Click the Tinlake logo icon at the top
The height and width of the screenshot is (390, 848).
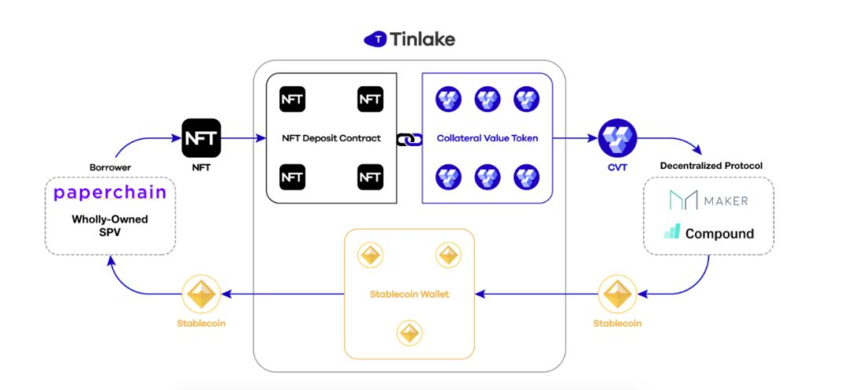tap(375, 39)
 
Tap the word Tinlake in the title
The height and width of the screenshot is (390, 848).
tap(422, 39)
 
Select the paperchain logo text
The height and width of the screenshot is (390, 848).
tap(110, 193)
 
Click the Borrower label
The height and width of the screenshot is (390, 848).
tap(111, 167)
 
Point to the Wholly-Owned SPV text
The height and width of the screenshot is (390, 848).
tap(110, 226)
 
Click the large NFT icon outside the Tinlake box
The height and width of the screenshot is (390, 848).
tap(201, 138)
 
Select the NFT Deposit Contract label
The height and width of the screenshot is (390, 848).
tap(331, 138)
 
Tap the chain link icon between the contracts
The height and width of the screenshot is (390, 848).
tap(409, 140)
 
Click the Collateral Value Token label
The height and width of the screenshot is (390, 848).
tap(488, 138)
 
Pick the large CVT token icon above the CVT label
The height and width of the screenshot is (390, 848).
tap(618, 138)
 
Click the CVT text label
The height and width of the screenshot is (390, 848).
tap(618, 167)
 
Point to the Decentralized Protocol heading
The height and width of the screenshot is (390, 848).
tap(711, 166)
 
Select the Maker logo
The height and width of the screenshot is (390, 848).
tap(708, 200)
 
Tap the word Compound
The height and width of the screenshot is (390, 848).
tap(720, 234)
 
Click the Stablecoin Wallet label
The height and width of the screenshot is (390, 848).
tap(409, 294)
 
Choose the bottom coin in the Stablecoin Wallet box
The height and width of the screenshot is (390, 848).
tap(409, 334)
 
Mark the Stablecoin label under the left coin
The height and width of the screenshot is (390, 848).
tap(201, 323)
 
